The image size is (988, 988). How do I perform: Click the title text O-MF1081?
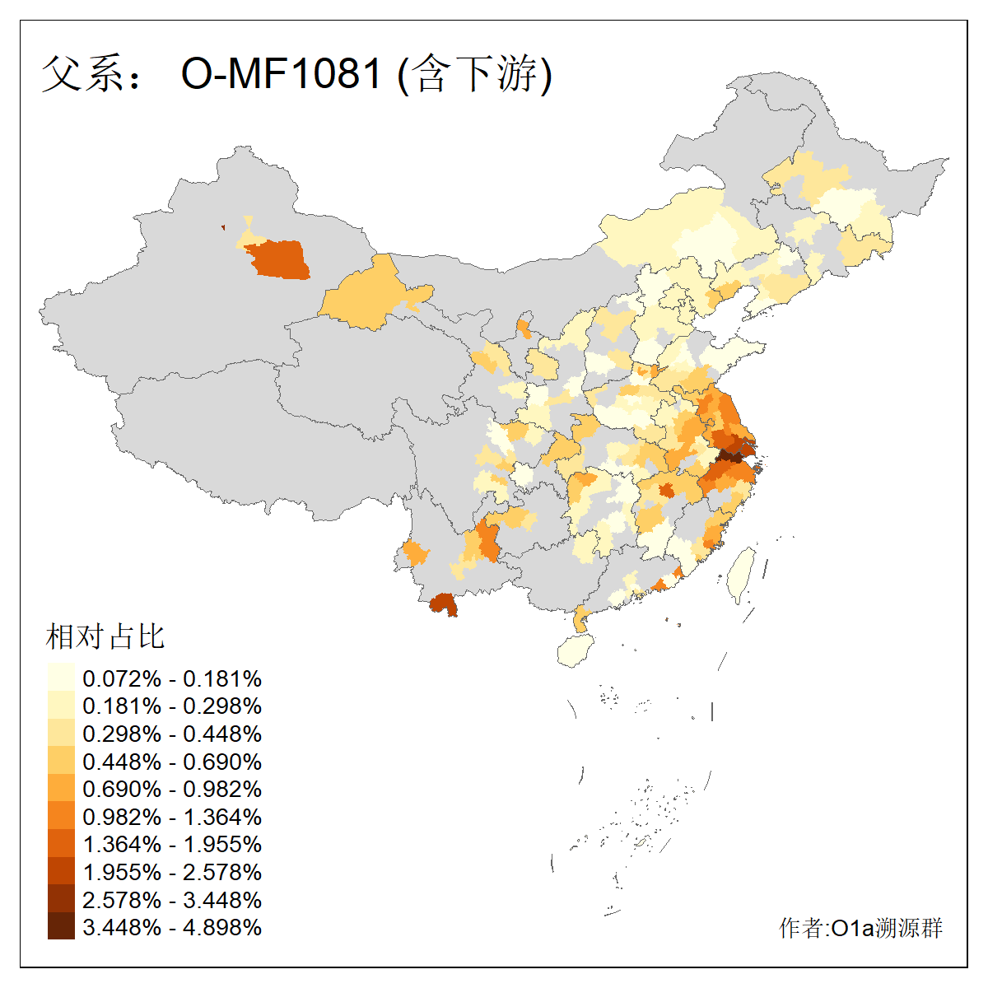282,73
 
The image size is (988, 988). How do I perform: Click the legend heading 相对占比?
105,636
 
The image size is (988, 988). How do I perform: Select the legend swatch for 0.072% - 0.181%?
61,678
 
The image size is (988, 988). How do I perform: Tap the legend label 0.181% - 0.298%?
172,706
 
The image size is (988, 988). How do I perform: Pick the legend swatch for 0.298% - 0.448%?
61,734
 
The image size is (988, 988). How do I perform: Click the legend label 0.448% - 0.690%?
172,762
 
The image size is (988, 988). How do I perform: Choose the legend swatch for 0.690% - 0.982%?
61,789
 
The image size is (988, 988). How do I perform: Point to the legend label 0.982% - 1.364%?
172,817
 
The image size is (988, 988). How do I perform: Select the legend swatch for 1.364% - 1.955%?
61,844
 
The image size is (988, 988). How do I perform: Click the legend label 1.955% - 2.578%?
172,872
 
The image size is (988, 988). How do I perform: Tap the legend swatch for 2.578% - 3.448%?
61,899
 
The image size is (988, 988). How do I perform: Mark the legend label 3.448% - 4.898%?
172,927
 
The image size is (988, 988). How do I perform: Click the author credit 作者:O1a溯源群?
860,928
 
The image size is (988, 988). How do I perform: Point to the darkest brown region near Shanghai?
729,455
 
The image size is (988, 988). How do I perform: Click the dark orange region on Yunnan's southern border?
444,604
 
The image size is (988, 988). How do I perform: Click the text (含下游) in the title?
475,73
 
